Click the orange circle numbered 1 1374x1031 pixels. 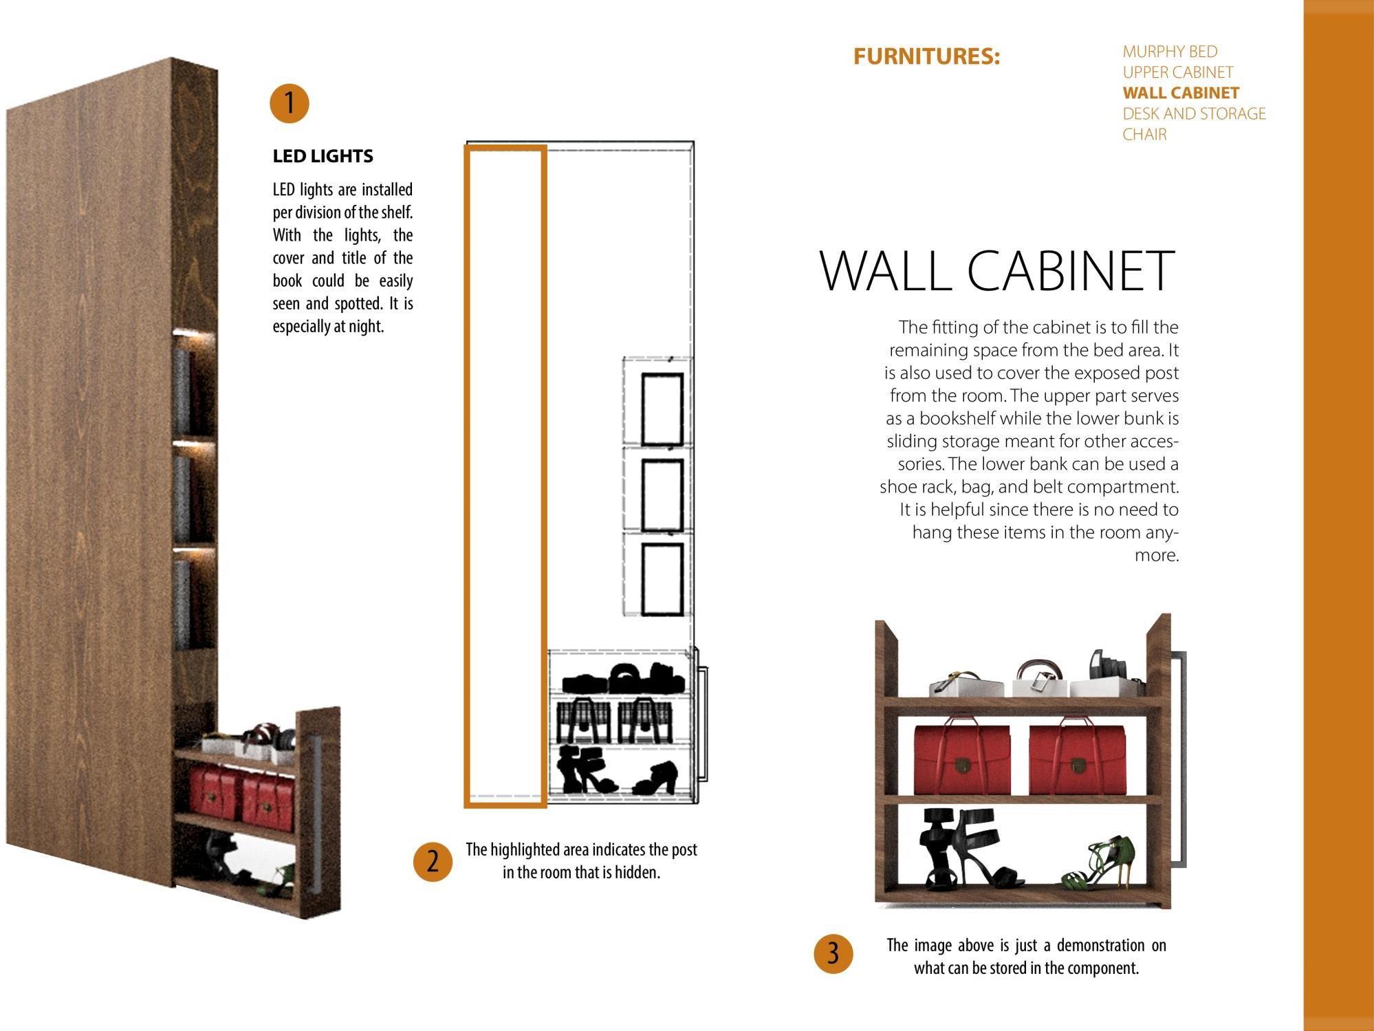[x=289, y=103]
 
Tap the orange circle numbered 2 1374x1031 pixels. [x=433, y=861]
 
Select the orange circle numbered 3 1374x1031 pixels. [x=833, y=954]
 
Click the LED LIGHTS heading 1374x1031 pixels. [x=323, y=156]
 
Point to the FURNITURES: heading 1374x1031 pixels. [x=926, y=56]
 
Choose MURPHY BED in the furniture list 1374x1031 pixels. [x=1170, y=52]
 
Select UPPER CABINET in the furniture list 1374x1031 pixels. [x=1177, y=72]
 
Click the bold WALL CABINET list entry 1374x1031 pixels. [x=1181, y=93]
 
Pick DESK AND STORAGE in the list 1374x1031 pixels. [x=1194, y=113]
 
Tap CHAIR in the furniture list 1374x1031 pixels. [x=1144, y=134]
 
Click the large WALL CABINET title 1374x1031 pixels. [x=996, y=270]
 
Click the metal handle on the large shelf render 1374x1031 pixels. [x=1179, y=757]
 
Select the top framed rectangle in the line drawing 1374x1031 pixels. [x=662, y=410]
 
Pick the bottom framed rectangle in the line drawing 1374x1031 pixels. [x=662, y=579]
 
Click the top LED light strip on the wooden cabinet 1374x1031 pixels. [x=195, y=334]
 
